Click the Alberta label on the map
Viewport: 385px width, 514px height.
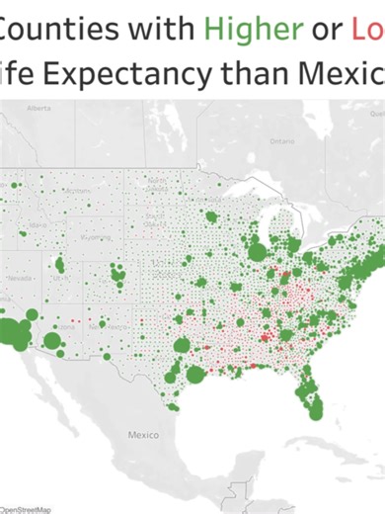click(39, 106)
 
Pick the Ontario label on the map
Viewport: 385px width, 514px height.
click(282, 141)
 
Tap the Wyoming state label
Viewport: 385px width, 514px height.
click(96, 238)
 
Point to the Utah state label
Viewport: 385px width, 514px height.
click(60, 280)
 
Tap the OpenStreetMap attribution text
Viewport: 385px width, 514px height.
click(25, 508)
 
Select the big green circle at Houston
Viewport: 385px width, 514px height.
click(195, 375)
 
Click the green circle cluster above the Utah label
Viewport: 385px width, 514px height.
click(59, 264)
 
